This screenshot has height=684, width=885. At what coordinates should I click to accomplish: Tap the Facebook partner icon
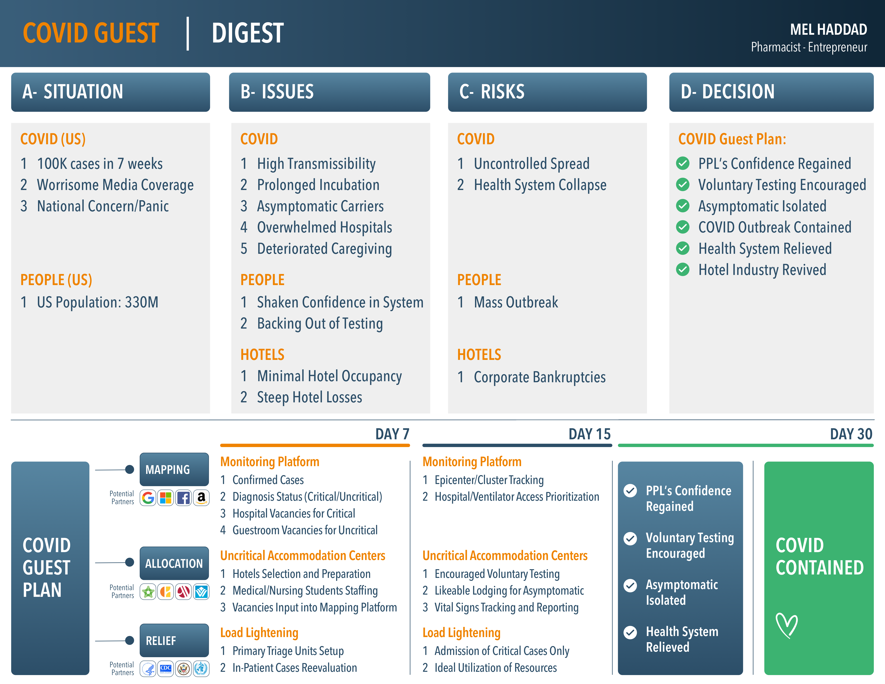point(184,498)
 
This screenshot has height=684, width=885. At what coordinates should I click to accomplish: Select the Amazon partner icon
point(201,498)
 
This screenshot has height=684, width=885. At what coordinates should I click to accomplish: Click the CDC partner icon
point(166,669)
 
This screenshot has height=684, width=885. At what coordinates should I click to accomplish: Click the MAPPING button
point(174,469)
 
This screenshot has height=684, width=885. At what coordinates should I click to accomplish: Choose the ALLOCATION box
point(174,563)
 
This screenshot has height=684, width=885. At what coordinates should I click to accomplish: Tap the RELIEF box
point(174,640)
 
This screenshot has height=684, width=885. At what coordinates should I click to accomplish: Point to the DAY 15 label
point(590,434)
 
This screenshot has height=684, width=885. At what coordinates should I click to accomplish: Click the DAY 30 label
point(851,434)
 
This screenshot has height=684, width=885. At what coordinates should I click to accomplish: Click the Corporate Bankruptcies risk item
point(540,377)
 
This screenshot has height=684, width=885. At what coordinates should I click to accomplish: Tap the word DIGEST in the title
point(248,33)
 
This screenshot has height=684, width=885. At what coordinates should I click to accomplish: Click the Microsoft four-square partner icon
point(166,498)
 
